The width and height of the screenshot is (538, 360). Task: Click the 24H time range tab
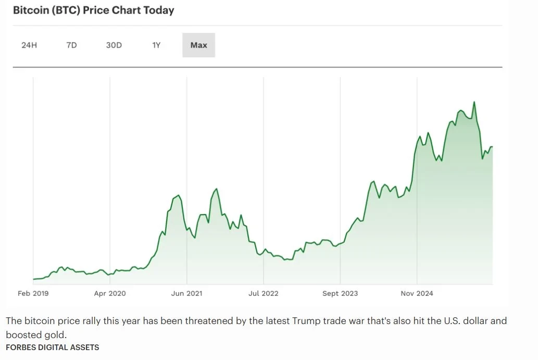click(x=29, y=45)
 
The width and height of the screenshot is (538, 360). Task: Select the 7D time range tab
click(x=71, y=45)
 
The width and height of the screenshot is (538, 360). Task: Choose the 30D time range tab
click(x=114, y=45)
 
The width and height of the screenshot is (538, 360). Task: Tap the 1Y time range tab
click(x=156, y=45)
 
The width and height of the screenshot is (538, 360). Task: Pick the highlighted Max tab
click(x=198, y=45)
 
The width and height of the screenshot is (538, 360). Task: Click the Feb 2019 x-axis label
click(x=33, y=293)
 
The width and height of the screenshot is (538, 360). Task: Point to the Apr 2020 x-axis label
click(x=110, y=293)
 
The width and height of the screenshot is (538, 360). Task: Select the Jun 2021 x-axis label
click(x=186, y=293)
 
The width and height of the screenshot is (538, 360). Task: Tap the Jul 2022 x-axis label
click(x=263, y=293)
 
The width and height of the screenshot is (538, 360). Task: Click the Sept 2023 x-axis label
click(x=340, y=293)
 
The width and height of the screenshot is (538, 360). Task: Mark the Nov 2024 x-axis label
click(x=417, y=293)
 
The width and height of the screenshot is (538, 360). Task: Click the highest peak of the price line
click(x=474, y=102)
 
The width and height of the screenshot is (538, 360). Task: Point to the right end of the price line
click(x=492, y=147)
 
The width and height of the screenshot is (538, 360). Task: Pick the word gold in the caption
click(x=56, y=333)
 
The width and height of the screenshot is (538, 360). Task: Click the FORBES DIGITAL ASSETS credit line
click(x=53, y=347)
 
